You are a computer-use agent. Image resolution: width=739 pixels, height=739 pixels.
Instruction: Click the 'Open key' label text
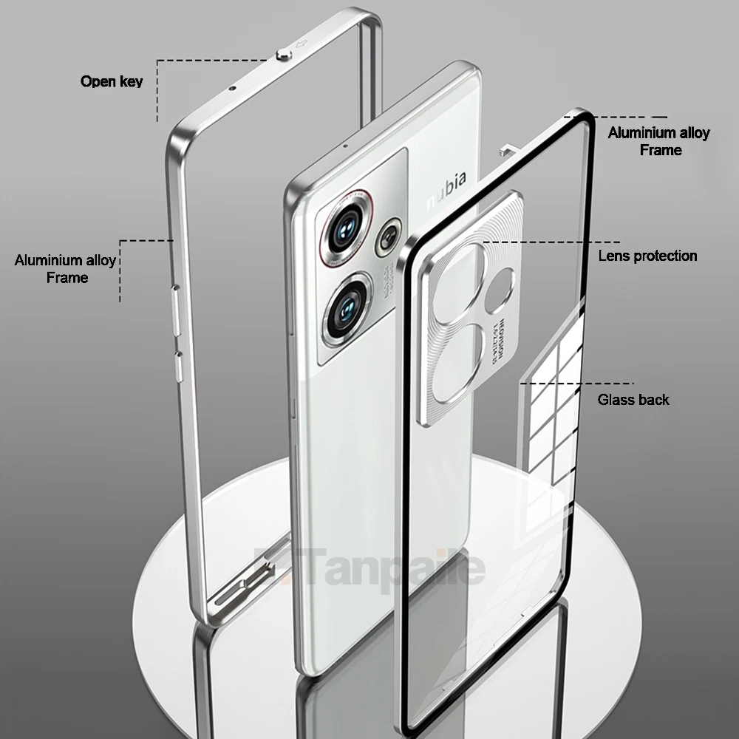tap(112, 81)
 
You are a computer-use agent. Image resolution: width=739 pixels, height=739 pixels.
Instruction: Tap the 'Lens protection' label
tap(647, 256)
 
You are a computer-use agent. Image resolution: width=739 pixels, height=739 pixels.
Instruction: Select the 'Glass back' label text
tap(633, 400)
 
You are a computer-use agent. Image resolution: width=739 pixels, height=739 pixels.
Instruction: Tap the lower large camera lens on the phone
tap(345, 307)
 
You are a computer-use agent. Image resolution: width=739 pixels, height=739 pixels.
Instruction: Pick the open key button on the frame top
tap(282, 55)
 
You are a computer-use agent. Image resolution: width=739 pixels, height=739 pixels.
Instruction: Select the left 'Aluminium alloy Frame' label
tap(66, 269)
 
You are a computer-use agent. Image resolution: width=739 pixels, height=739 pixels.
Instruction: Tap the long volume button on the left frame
tap(174, 310)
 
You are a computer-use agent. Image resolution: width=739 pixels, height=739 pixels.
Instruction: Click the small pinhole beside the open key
tap(233, 88)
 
